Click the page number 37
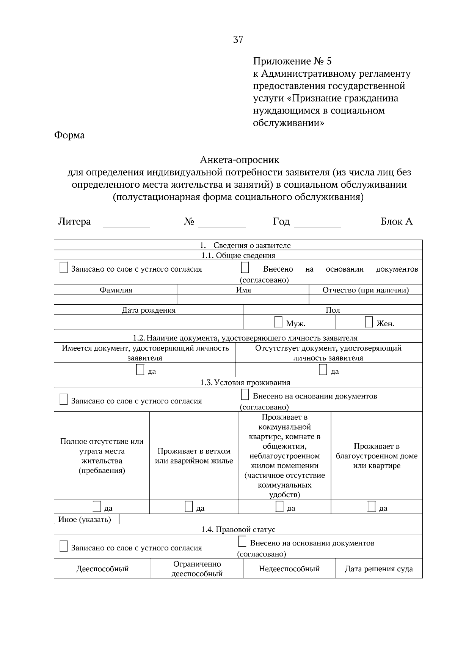click(238, 40)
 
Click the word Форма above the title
click(69, 135)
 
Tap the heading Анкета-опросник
click(239, 160)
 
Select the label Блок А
click(396, 221)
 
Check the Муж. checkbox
click(278, 322)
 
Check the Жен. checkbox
click(369, 322)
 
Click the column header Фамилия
click(116, 290)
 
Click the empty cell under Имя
click(243, 300)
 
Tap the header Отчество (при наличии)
click(366, 290)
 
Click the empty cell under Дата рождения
click(148, 322)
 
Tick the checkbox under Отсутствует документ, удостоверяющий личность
click(323, 370)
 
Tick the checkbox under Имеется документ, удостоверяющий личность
click(140, 370)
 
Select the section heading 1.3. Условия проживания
click(245, 383)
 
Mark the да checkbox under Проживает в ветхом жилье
click(189, 507)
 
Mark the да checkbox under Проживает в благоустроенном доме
click(372, 507)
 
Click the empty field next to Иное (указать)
click(270, 519)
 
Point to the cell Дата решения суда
click(378, 569)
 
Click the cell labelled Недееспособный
click(289, 569)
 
